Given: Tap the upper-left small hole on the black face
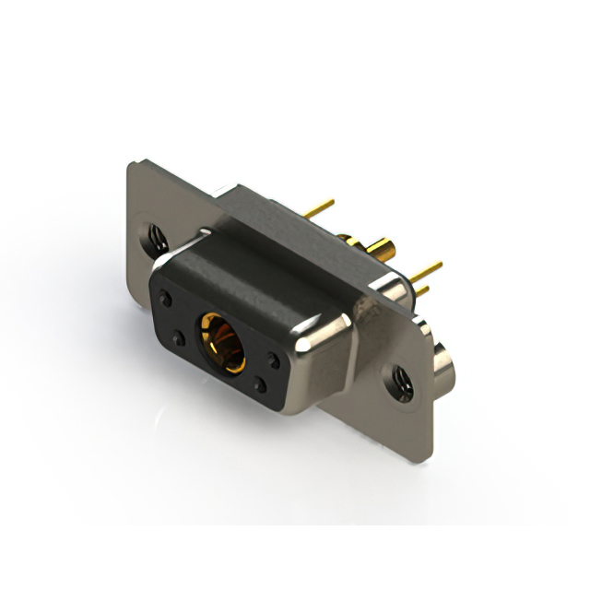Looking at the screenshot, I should tap(166, 298).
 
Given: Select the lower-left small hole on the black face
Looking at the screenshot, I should tap(179, 339).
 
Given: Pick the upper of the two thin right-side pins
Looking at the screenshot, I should tap(427, 270).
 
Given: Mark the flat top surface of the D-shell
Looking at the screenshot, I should tap(258, 267).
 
